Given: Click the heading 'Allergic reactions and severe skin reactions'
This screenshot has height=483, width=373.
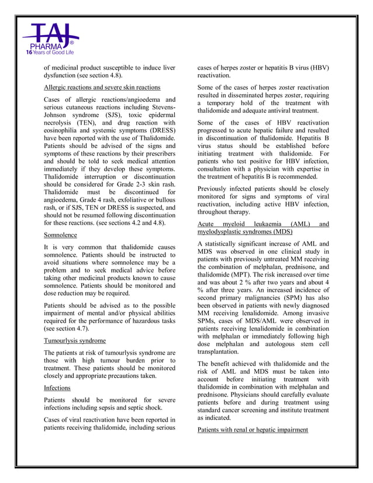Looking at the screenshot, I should click(x=102, y=88).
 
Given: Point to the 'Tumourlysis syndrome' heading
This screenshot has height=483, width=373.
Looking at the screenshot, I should click(x=75, y=340).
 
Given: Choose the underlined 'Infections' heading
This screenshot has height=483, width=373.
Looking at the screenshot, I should click(x=57, y=388).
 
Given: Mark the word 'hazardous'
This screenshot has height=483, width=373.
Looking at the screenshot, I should click(x=142, y=320).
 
